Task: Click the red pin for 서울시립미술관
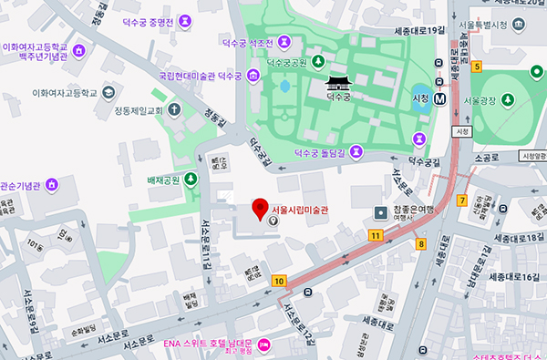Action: tap(260, 209)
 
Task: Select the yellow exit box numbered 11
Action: tap(376, 236)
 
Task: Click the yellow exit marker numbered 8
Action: tap(420, 243)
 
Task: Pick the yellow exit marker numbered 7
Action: tap(462, 200)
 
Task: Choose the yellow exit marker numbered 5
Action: tap(477, 67)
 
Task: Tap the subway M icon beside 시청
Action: tap(440, 98)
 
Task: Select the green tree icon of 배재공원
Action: tap(191, 179)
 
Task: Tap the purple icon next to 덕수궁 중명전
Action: tap(186, 18)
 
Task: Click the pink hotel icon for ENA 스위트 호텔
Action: tap(264, 344)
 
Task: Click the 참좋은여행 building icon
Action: tap(380, 212)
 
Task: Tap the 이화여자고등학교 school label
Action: tap(63, 92)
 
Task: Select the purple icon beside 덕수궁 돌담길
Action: tap(418, 138)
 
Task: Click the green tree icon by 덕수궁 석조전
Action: tap(316, 62)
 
